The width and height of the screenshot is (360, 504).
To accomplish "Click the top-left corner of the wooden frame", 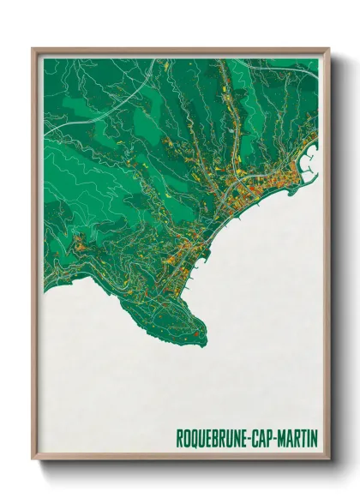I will (33, 49).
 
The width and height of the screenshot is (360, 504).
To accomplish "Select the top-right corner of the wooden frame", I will (328, 49).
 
